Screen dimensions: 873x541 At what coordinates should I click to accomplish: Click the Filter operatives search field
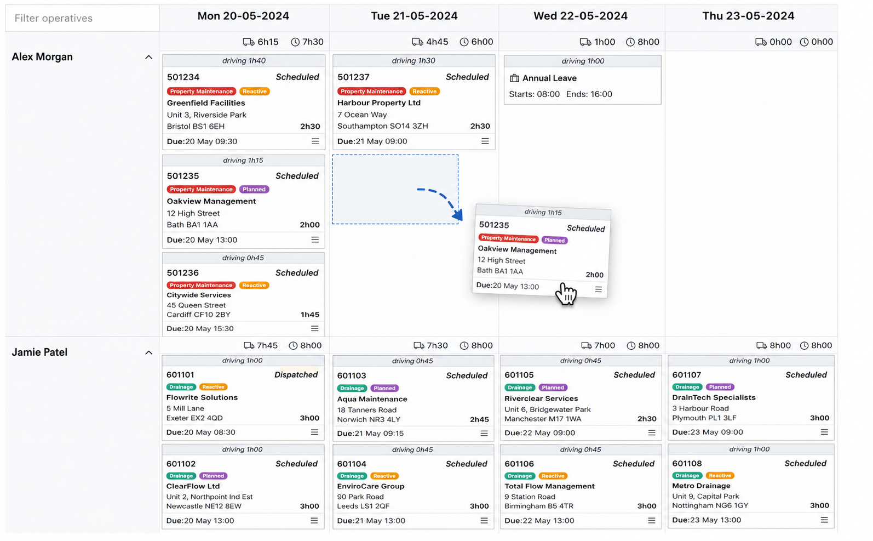point(82,18)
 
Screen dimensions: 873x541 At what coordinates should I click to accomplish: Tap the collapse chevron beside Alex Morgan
point(148,58)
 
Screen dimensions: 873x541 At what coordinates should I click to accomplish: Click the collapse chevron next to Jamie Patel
point(148,352)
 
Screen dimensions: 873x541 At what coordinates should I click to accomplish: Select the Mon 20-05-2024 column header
point(243,16)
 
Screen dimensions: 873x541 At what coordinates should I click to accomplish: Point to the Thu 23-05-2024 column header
point(748,16)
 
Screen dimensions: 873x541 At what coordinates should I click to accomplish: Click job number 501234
point(183,77)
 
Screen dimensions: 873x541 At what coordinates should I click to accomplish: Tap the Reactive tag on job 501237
point(424,92)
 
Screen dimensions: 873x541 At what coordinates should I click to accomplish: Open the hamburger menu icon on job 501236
point(314,328)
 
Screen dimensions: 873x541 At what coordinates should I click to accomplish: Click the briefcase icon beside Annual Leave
point(514,78)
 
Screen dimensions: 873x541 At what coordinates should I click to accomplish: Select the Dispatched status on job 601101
point(296,375)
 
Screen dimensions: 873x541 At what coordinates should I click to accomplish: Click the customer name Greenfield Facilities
point(206,103)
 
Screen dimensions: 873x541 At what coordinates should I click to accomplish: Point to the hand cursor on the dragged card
point(566,294)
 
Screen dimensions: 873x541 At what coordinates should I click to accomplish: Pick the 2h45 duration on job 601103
point(479,419)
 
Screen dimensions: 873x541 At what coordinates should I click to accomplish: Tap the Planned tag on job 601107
point(720,387)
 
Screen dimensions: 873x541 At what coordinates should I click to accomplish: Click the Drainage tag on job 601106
point(520,476)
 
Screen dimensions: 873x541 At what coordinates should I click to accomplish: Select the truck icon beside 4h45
point(417,42)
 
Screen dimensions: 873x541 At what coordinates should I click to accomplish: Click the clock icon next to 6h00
point(464,42)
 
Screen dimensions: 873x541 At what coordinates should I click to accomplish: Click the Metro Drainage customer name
point(701,486)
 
